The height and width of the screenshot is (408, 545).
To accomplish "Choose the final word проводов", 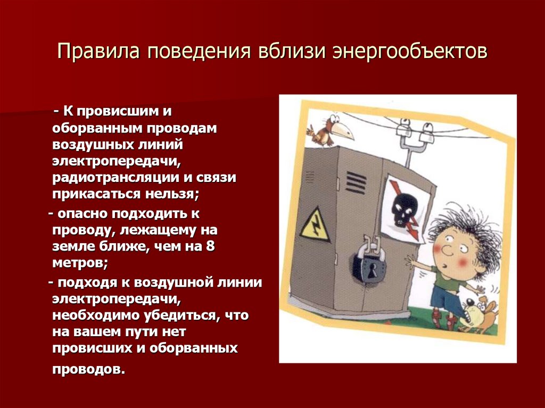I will tap(87, 369).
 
